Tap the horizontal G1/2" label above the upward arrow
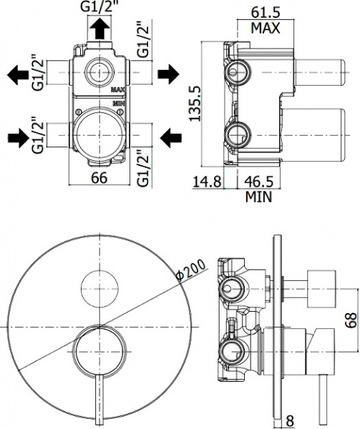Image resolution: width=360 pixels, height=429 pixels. click(99, 9)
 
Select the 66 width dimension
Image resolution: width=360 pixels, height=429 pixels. click(99, 178)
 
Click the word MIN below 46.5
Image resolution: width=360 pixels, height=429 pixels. click(259, 198)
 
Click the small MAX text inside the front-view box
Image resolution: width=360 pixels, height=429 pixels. click(119, 90)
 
